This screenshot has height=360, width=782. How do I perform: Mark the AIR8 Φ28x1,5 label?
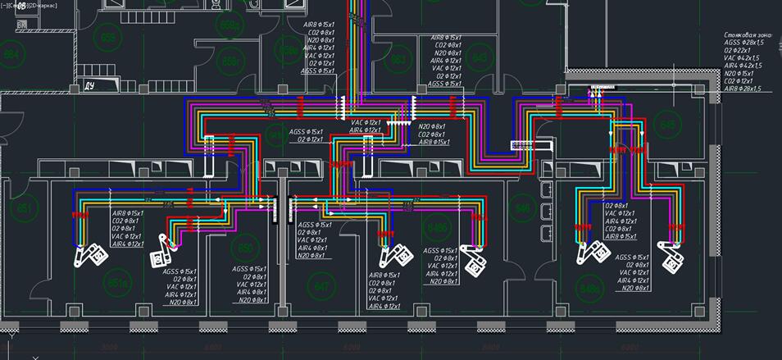tap(743, 89)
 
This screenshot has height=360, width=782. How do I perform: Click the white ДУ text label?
tap(90, 84)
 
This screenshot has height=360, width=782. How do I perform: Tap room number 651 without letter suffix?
tap(25, 207)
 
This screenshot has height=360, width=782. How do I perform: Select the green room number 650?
tap(243, 248)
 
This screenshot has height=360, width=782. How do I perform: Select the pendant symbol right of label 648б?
tap(474, 258)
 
